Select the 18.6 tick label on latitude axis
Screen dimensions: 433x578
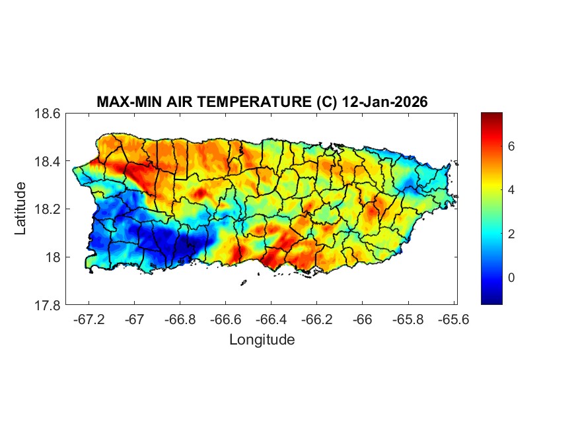click(x=48, y=114)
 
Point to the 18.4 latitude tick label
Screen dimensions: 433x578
click(x=48, y=162)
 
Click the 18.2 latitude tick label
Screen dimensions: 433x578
click(x=48, y=209)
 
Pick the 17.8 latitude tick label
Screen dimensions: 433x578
click(x=48, y=306)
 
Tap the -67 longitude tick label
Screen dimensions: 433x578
click(x=135, y=320)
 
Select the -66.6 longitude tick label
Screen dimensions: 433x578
click(x=226, y=320)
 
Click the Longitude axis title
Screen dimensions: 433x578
click(x=262, y=340)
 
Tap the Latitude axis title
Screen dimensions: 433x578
click(x=20, y=208)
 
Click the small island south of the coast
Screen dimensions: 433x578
click(x=243, y=283)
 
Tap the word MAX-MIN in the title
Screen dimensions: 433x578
click(x=126, y=103)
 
